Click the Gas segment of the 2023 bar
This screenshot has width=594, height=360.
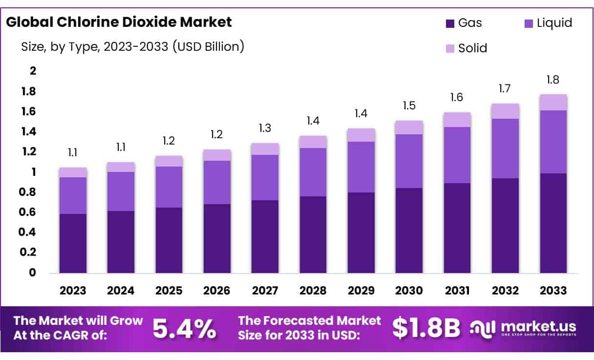(73, 243)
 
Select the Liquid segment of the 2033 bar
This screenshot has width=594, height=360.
(553, 142)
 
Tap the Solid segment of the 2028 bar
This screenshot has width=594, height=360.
(313, 142)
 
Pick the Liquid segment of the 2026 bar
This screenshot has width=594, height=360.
(217, 182)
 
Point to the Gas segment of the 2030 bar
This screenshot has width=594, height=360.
(409, 230)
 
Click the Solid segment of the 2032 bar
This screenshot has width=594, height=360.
(505, 111)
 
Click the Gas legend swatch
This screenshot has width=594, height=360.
(450, 23)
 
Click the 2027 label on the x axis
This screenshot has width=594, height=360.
(265, 291)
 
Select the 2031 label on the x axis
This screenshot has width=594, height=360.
(457, 291)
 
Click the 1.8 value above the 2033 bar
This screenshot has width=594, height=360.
(553, 80)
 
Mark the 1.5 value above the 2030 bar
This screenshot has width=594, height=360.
(409, 106)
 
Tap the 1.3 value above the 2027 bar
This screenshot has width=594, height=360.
(265, 128)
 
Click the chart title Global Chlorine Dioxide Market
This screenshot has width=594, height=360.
(119, 22)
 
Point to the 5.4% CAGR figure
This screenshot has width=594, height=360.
(184, 329)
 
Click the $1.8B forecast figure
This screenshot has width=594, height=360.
(426, 329)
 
